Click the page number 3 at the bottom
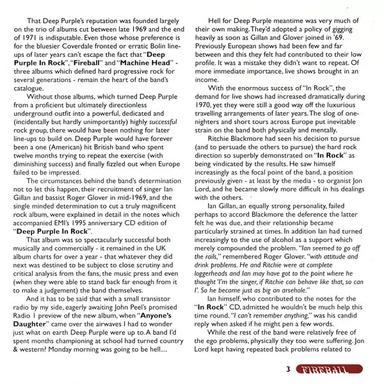pyautogui.click(x=289, y=369)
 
